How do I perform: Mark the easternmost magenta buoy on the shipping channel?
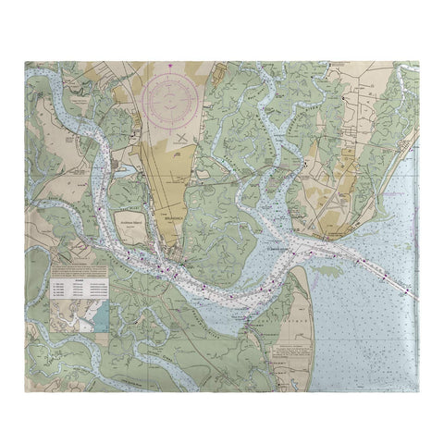click(x=404, y=290)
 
